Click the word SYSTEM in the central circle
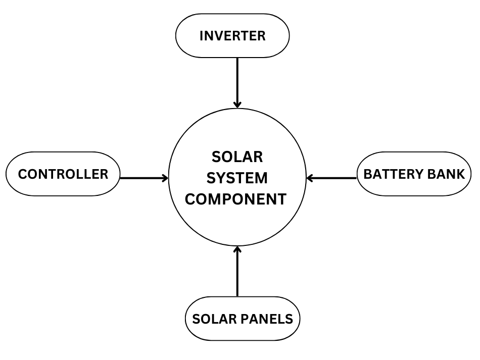(237, 178)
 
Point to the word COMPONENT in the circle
(235, 199)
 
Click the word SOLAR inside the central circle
(237, 157)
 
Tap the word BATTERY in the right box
(393, 174)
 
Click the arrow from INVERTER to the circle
(237, 81)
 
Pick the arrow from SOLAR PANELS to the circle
(237, 273)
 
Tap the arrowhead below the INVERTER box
(237, 105)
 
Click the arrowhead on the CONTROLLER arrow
(165, 178)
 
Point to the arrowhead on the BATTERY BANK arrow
(310, 178)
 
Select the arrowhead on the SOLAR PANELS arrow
(237, 249)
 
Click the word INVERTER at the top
(232, 36)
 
